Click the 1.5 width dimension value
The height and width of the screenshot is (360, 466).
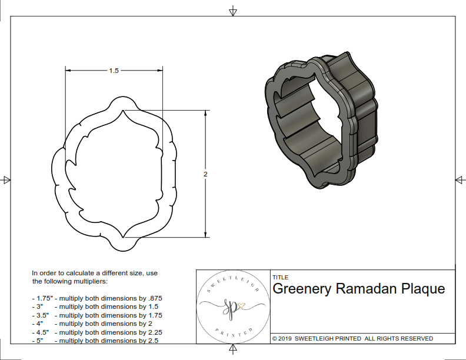[x=114, y=71]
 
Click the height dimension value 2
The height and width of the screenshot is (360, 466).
[x=205, y=174]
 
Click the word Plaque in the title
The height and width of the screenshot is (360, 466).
[x=423, y=289]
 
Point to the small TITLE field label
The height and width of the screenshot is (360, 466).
[x=280, y=278]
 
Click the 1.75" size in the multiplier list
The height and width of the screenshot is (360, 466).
[x=42, y=298]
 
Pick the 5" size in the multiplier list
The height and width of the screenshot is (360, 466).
[x=40, y=340]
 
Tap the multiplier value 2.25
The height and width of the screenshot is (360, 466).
[x=152, y=332]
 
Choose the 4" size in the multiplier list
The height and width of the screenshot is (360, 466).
[x=40, y=324]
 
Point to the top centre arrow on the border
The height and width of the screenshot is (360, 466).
[x=233, y=11]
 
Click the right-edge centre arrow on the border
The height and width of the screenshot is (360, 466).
[x=460, y=179]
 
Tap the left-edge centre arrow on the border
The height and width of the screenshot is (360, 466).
[x=6, y=179]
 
